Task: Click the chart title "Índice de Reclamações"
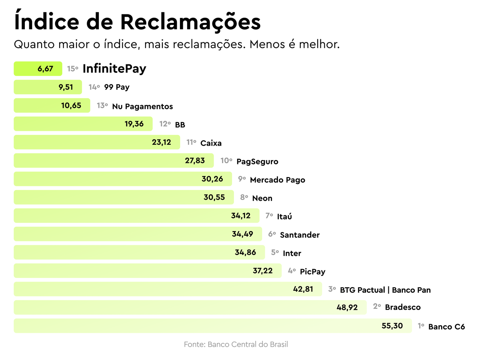137,22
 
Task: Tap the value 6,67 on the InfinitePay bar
45,69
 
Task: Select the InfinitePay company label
114,69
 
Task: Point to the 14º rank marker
94,87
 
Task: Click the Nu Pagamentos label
142,106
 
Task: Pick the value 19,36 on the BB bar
134,124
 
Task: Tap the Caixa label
211,143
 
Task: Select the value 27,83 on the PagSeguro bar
195,161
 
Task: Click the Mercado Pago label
277,180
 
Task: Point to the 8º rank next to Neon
244,198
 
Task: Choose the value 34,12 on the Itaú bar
241,216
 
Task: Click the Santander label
300,235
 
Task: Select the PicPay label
312,272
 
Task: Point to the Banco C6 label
446,327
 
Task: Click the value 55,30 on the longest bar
392,326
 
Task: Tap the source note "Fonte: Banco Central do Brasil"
236,344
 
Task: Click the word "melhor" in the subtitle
320,44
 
